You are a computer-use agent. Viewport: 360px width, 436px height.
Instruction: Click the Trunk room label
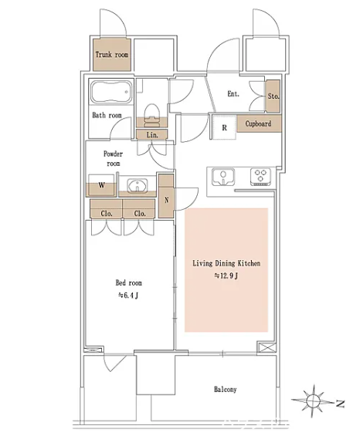[x=112, y=55]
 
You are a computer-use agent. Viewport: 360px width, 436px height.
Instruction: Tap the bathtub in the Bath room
[x=110, y=92]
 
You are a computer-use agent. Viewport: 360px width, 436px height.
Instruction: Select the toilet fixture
[x=151, y=113]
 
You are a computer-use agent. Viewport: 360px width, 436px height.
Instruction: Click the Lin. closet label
[x=152, y=135]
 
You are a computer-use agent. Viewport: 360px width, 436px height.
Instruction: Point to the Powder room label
[x=113, y=158]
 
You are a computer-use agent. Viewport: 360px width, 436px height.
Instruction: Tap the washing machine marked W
[x=101, y=185]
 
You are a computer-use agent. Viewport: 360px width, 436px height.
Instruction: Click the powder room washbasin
[x=138, y=186]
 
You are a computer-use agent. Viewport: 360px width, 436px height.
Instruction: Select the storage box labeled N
[x=166, y=196]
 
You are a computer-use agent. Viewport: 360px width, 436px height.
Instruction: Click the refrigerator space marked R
[x=224, y=127]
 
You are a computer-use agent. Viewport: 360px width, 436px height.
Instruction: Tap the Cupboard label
[x=258, y=123]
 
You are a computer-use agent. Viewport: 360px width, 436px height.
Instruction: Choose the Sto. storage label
[x=273, y=96]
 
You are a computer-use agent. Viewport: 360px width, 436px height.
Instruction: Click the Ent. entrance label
[x=233, y=93]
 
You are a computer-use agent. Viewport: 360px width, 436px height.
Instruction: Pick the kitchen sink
[x=222, y=177]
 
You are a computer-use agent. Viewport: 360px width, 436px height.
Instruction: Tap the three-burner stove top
[x=260, y=177]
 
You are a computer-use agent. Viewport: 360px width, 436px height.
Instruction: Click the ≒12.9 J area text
[x=226, y=275]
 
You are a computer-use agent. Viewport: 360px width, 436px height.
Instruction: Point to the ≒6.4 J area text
[x=128, y=296]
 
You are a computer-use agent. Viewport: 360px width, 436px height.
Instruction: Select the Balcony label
[x=226, y=389]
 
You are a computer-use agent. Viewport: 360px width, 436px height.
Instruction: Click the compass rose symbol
[x=313, y=401]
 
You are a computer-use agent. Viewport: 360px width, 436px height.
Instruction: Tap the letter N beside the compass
[x=340, y=404]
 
